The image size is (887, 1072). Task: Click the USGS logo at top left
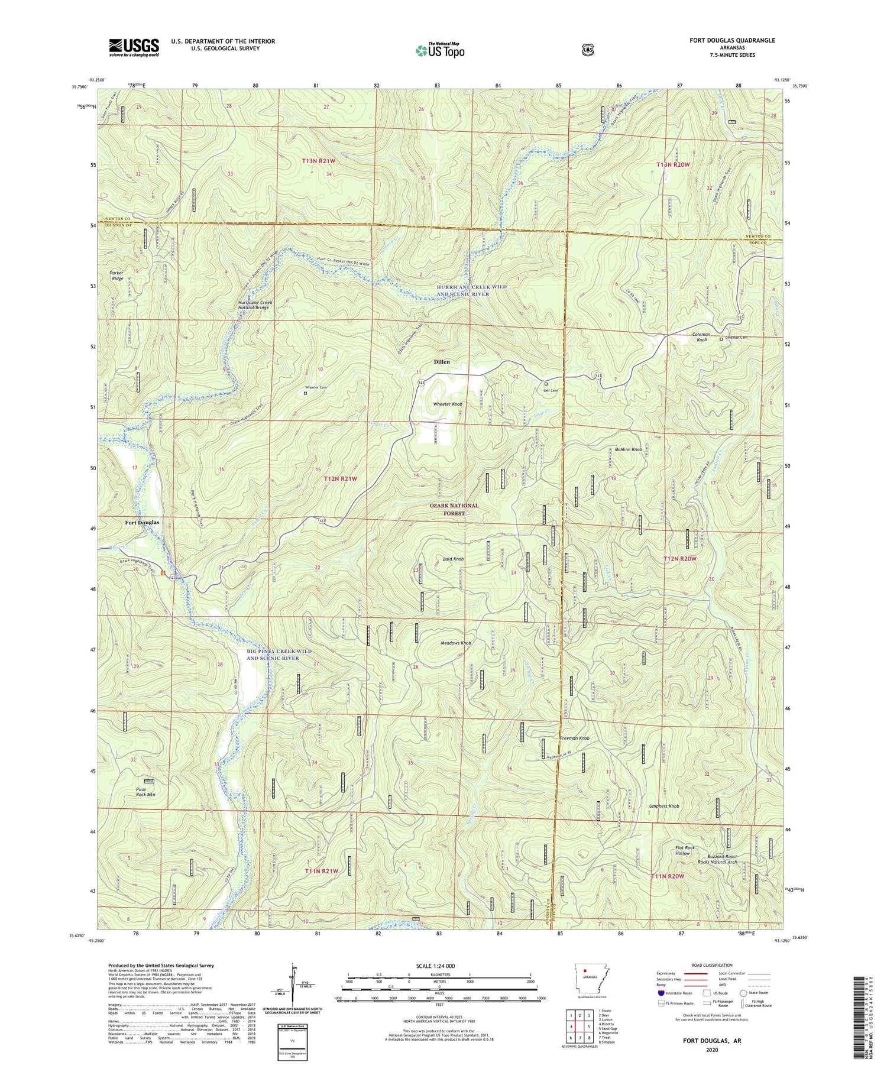(x=134, y=47)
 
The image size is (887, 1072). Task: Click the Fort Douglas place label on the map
(x=142, y=523)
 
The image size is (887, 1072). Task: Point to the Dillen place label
(x=442, y=361)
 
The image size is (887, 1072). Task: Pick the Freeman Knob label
(x=575, y=739)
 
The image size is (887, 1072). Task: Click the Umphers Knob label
(x=664, y=806)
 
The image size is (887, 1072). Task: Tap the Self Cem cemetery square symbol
(x=546, y=383)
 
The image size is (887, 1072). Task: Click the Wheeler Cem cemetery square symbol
(x=305, y=393)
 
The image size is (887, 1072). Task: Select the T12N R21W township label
(x=340, y=478)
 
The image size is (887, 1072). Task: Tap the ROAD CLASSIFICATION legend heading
(x=708, y=965)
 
